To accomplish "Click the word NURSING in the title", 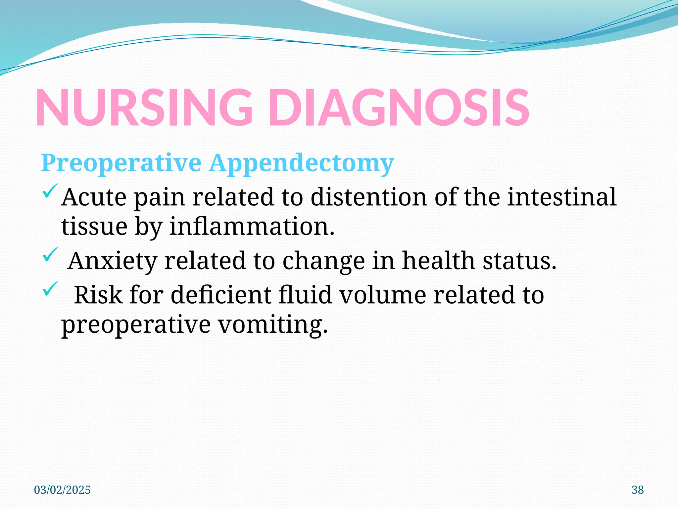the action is tap(144, 108).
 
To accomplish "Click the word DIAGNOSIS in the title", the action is tap(399, 108).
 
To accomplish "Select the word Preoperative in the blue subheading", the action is tap(121, 163).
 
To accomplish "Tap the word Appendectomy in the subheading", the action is tap(301, 164).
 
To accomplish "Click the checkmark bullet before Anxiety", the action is tap(50, 255).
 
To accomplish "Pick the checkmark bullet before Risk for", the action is tap(50, 289).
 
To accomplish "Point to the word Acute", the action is tap(94, 197).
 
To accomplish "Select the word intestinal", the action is tap(562, 197).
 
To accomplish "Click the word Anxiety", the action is tap(112, 261).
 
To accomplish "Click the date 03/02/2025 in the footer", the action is tap(62, 490).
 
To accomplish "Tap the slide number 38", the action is tap(638, 490).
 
